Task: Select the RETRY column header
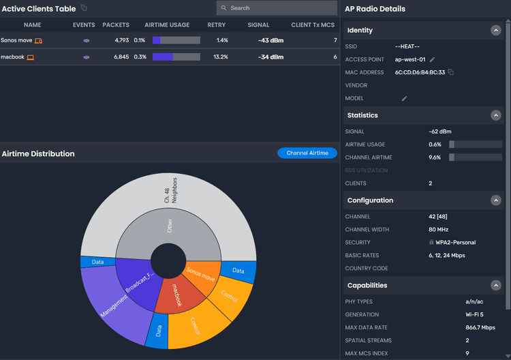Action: [x=217, y=25]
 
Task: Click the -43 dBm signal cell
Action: [x=270, y=40]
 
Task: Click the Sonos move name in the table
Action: [x=16, y=40]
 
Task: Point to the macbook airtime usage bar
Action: [x=176, y=57]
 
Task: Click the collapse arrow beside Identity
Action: [x=495, y=31]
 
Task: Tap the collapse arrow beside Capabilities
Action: [x=495, y=286]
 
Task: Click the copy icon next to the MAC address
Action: [x=451, y=72]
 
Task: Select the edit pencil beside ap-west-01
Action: [x=432, y=59]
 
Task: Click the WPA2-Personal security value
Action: [x=454, y=243]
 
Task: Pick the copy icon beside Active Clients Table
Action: [x=84, y=8]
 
